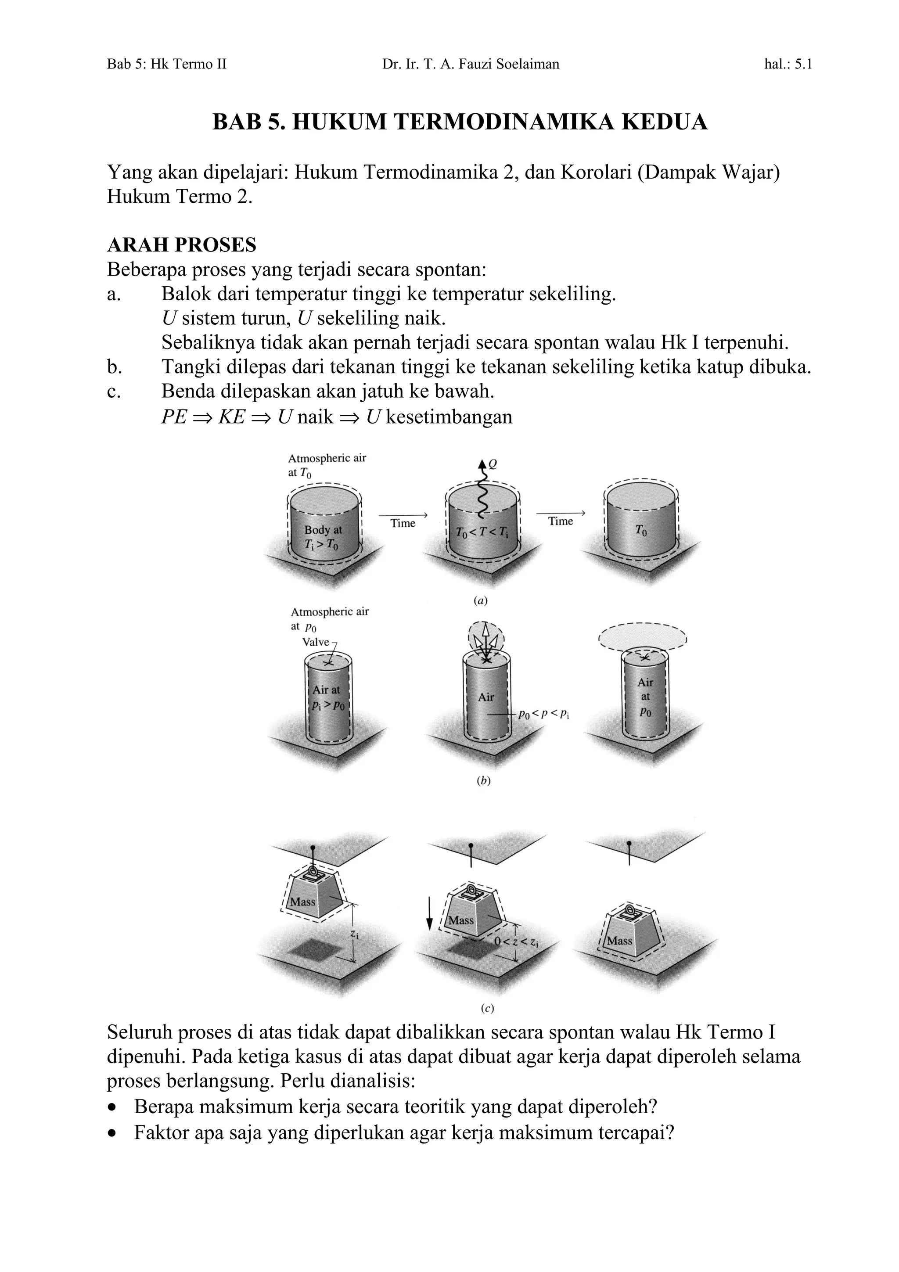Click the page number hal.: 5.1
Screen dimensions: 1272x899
(788, 64)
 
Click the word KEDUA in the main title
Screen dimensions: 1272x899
(664, 122)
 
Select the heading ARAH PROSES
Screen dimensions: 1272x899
(181, 245)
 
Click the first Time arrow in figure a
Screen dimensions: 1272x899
(403, 515)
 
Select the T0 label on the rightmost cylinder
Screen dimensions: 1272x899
(641, 530)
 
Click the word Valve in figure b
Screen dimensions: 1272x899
(316, 642)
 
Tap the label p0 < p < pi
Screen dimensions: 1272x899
(543, 715)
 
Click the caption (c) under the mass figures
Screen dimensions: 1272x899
(487, 1008)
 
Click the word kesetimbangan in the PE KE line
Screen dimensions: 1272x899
(449, 417)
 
